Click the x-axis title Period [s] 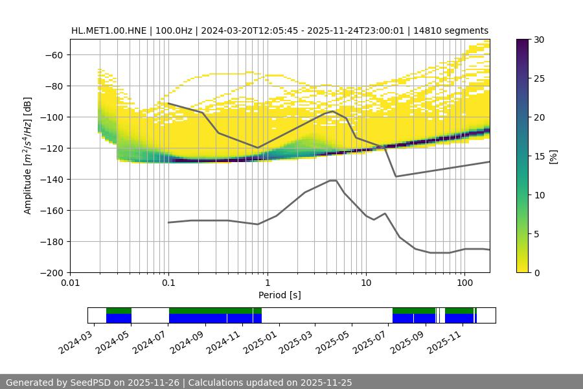279,295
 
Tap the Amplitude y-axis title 28,156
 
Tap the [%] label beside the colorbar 554,156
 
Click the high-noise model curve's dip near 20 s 396,176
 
